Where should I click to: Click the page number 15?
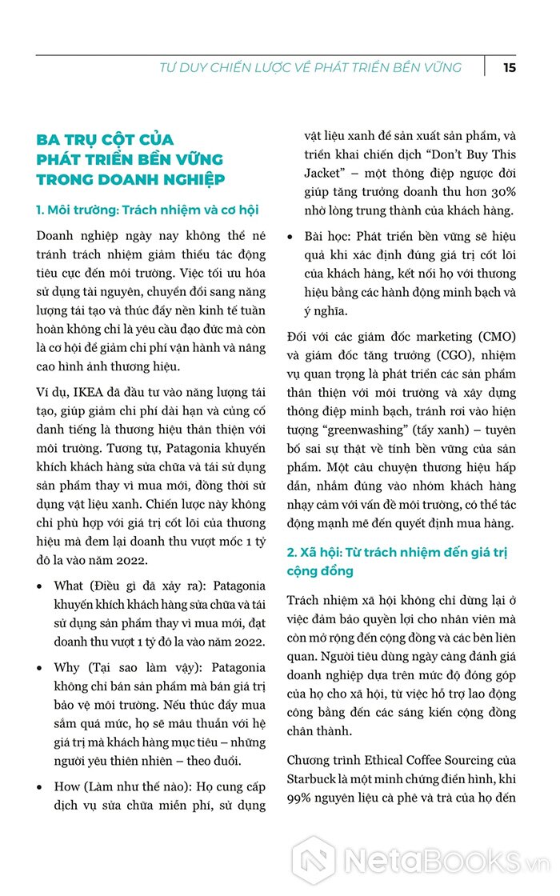pos(510,67)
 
